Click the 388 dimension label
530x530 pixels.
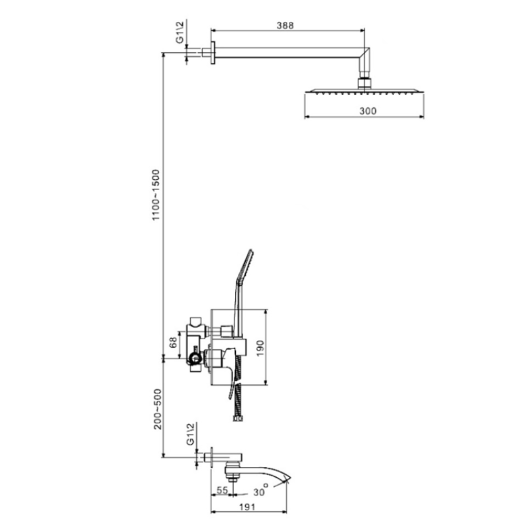(286, 25)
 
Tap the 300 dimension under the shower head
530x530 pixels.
(368, 111)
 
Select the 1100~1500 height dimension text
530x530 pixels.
(156, 195)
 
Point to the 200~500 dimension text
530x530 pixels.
(158, 409)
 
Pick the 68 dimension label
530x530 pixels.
(173, 343)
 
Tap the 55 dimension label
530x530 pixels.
(222, 490)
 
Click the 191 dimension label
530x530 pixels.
(247, 507)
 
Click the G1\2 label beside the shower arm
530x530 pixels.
(180, 32)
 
